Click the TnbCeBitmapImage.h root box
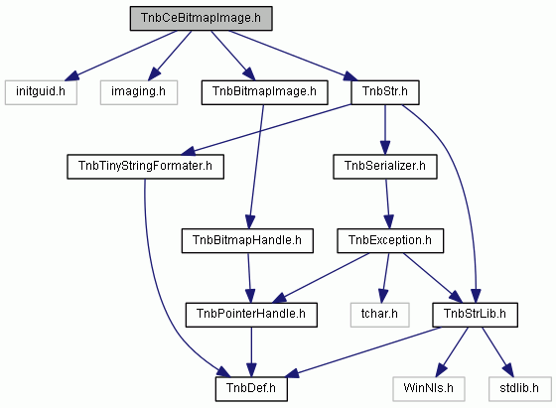[x=201, y=18]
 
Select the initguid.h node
[x=41, y=92]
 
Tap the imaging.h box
[x=139, y=92]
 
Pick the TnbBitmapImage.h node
[x=264, y=92]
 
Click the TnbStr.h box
[x=385, y=92]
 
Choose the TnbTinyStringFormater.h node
[x=145, y=167]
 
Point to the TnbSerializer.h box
[x=385, y=167]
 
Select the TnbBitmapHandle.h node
[x=247, y=240]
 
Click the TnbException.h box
[x=390, y=240]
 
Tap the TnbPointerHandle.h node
[x=251, y=315]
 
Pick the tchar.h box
[x=379, y=315]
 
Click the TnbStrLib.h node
[x=476, y=315]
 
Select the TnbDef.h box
[x=251, y=389]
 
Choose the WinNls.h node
[x=429, y=389]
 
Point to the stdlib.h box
[x=519, y=389]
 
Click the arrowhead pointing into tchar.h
[x=382, y=295]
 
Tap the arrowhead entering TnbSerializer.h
[x=385, y=148]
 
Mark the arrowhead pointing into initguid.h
[x=70, y=75]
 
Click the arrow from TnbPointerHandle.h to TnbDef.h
[x=251, y=352]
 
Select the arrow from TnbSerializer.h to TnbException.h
[x=388, y=204]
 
